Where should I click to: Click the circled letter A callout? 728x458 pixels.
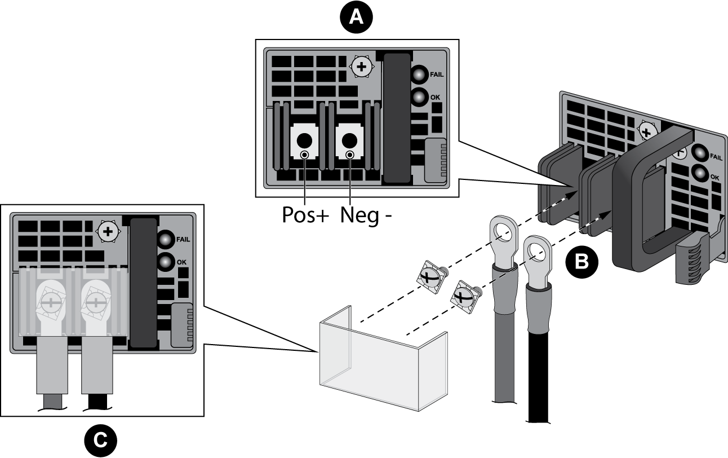[x=356, y=17]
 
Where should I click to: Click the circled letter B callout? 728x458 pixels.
[x=581, y=262]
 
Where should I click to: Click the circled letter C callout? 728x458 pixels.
[x=100, y=440]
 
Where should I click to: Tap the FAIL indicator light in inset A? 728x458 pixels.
[x=419, y=74]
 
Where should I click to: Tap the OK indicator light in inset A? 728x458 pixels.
[x=419, y=97]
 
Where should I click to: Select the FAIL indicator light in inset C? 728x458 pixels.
[x=165, y=239]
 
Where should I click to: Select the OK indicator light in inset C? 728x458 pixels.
[x=165, y=262]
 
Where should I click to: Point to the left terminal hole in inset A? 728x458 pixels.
[x=304, y=139]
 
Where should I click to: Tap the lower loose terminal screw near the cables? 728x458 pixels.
[x=465, y=296]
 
